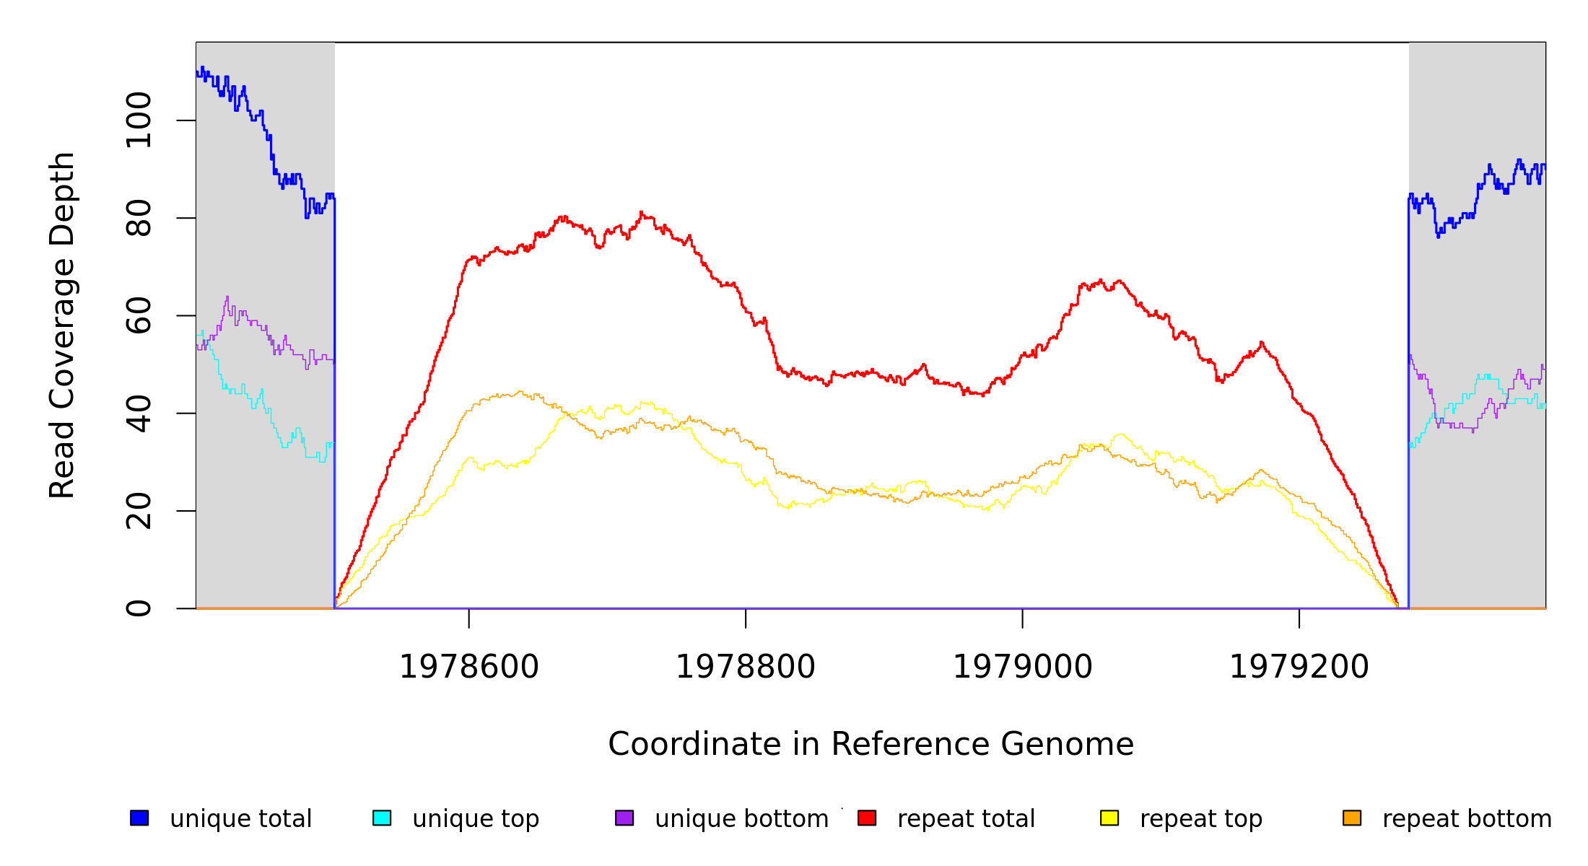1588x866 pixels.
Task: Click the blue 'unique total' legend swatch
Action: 139,818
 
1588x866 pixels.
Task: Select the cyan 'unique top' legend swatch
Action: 382,818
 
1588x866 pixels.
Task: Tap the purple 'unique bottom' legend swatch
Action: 624,818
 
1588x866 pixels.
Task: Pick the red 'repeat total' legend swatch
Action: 867,818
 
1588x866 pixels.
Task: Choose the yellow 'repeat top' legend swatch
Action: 1109,818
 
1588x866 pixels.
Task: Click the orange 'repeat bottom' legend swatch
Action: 1352,818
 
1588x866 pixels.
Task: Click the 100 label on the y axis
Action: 139,121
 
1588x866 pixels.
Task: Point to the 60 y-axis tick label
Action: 139,315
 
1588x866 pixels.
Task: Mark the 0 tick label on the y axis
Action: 139,608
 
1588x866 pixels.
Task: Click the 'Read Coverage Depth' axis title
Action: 62,325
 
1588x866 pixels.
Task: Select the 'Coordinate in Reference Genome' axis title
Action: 871,745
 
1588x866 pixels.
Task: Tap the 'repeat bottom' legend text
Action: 1467,819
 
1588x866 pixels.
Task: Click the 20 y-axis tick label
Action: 139,511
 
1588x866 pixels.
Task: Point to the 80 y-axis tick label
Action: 139,218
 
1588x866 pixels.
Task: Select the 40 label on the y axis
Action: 139,414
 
